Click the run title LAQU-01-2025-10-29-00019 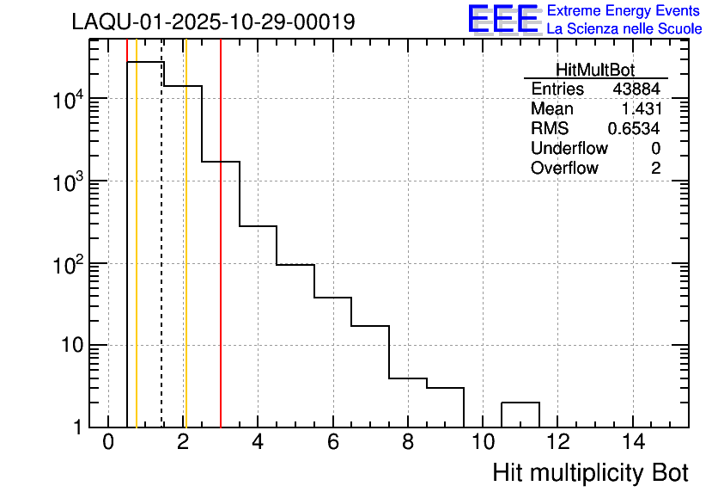coord(213,22)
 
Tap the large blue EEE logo coord(502,20)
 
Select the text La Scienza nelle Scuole coord(624,29)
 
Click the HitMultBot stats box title coord(595,71)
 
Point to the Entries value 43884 coord(636,89)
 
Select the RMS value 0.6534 coord(634,129)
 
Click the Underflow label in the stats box coord(569,149)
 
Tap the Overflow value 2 coord(655,169)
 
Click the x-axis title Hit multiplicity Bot coord(590,473)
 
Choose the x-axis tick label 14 coord(633,444)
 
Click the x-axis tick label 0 coord(108,444)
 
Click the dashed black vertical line coord(162,258)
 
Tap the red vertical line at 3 coord(221,258)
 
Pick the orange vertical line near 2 coord(186,258)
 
